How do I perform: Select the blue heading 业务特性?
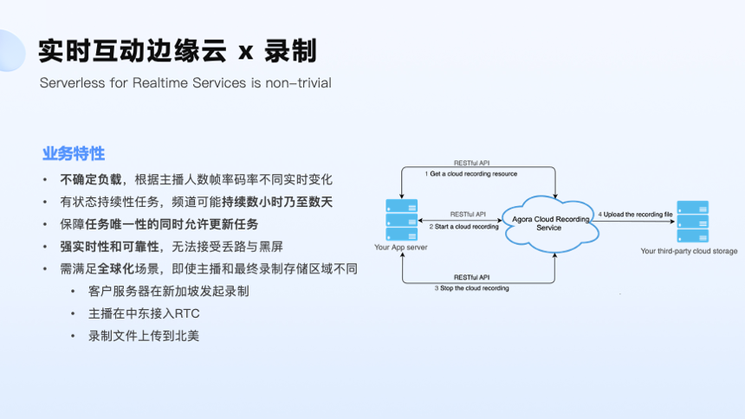[x=74, y=154]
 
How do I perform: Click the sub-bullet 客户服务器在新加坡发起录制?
[x=168, y=291]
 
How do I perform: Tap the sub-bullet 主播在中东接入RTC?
[x=144, y=313]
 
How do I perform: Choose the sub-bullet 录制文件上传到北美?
[x=144, y=336]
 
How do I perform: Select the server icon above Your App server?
[x=400, y=221]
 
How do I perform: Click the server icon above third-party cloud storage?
[x=692, y=222]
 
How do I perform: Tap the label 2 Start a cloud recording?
[x=464, y=227]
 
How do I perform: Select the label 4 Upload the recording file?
[x=635, y=214]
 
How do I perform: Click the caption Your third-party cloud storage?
[x=689, y=251]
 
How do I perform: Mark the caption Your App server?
[x=401, y=248]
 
